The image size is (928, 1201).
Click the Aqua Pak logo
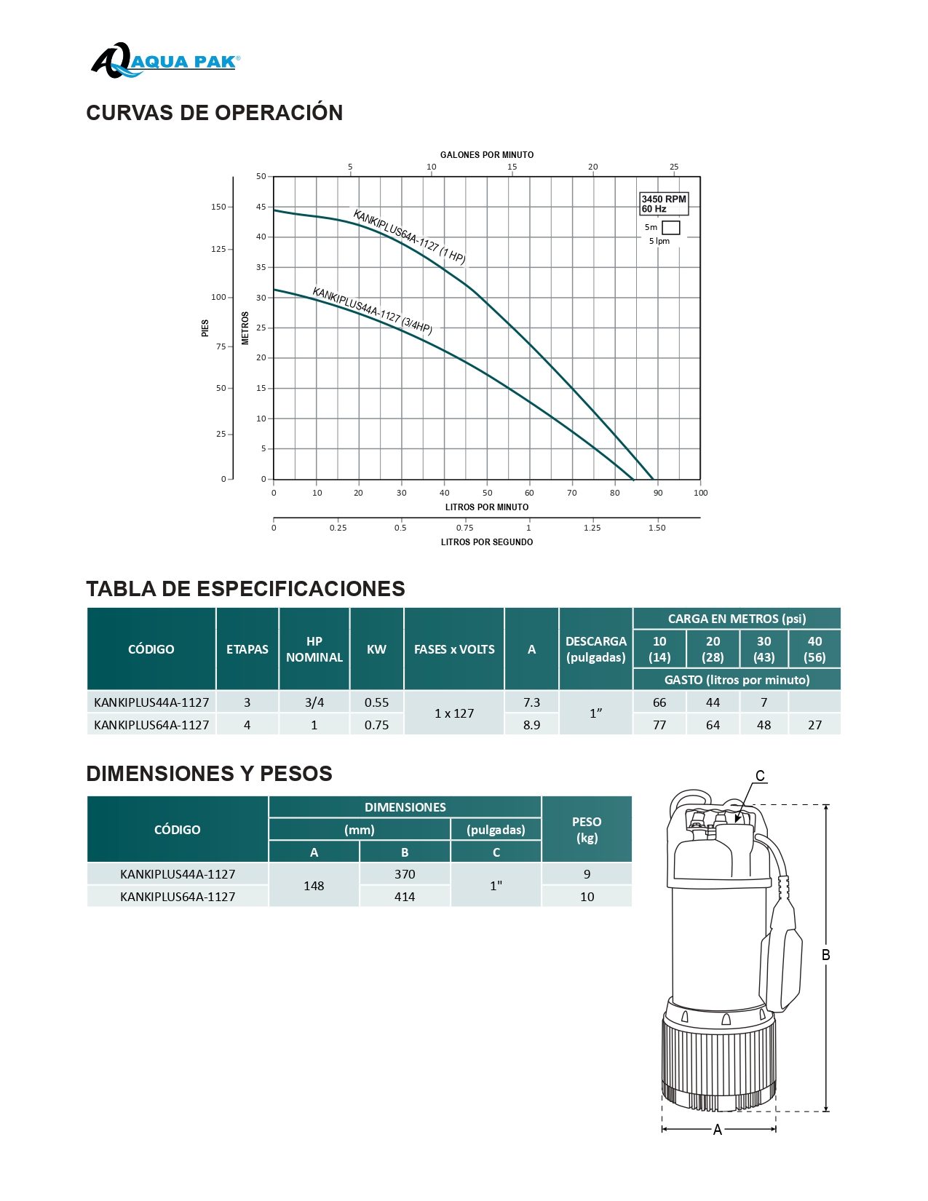(x=165, y=61)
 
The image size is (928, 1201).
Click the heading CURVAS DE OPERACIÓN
(x=214, y=113)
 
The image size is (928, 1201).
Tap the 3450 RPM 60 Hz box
(x=663, y=204)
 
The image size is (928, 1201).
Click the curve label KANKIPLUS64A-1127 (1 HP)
(x=409, y=237)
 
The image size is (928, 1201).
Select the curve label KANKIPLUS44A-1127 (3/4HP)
(x=372, y=311)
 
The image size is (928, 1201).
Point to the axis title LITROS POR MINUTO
(x=486, y=507)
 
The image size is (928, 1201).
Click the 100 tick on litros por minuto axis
(x=700, y=493)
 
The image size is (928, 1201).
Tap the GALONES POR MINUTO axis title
(x=486, y=155)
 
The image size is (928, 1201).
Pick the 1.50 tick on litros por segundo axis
(x=657, y=528)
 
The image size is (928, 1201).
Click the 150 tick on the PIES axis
(x=218, y=207)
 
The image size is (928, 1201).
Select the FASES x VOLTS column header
(x=454, y=649)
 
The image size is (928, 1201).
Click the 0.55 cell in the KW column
(x=376, y=702)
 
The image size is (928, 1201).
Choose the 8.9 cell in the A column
(x=531, y=725)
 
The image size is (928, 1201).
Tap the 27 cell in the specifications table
(x=814, y=725)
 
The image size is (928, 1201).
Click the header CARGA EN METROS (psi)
(x=737, y=619)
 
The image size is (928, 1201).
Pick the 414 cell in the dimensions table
(x=405, y=897)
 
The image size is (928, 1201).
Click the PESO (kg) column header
(x=587, y=830)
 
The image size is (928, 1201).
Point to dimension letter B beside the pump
(x=825, y=955)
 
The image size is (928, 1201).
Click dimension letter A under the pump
(x=718, y=1130)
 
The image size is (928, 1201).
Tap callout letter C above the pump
(x=760, y=776)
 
